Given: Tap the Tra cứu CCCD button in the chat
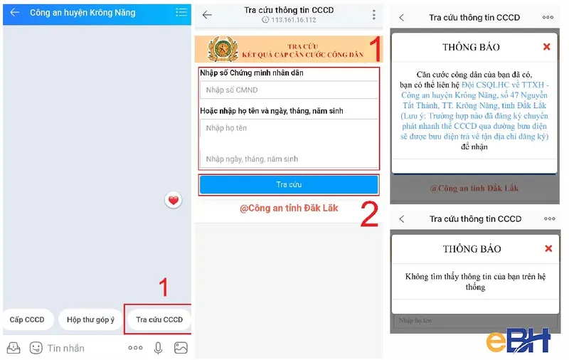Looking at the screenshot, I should coord(159,320).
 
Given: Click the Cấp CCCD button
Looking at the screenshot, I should coord(26,320).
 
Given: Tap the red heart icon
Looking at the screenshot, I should coord(174,200).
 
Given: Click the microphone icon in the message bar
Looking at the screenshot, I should coord(158,348).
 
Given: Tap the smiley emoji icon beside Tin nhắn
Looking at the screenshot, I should coord(36,348).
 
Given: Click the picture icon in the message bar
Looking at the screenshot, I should coord(181,348).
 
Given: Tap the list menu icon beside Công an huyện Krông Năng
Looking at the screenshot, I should coord(181,12).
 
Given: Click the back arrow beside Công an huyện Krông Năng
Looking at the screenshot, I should coord(14,12).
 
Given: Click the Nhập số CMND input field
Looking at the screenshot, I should coord(288,90).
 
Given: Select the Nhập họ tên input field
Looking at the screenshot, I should coord(288,128).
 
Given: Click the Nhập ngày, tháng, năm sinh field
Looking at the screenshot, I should coord(288,159).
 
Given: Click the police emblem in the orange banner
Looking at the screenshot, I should coord(223,50).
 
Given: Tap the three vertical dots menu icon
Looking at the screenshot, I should coord(374,15).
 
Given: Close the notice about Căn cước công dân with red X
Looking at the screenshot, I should coord(546,47).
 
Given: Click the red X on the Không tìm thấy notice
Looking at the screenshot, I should coord(548,249).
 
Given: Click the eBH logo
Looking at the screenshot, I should coord(518,341).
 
